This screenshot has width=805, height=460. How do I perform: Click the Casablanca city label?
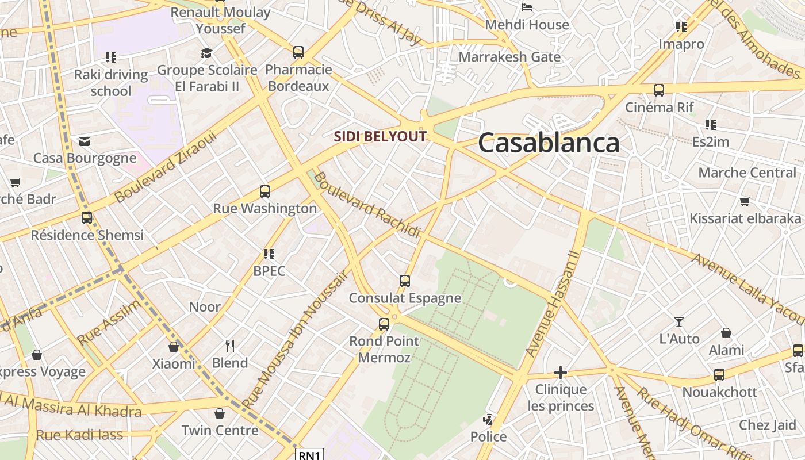(x=549, y=143)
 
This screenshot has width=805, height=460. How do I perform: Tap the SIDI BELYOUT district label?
(x=380, y=137)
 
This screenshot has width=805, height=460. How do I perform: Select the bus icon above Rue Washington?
(x=265, y=191)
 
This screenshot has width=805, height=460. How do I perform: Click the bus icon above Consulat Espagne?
(x=405, y=281)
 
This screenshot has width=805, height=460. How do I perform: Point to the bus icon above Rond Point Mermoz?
(x=384, y=324)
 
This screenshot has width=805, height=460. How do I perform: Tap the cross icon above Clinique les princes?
(x=561, y=373)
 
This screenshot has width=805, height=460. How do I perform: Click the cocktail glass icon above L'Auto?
(x=679, y=322)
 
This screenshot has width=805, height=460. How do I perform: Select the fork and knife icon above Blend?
(x=230, y=346)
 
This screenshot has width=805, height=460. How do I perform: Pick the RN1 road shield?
(x=310, y=455)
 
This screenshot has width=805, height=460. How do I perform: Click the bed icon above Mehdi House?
(x=527, y=7)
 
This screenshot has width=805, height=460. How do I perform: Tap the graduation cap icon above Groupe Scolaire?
(x=206, y=53)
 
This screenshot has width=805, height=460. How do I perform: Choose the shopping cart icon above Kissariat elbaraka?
(x=745, y=201)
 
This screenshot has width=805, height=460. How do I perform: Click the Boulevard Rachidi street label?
(x=367, y=205)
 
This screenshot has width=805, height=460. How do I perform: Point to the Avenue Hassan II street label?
(x=554, y=302)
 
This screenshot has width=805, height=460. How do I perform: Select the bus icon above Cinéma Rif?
(x=659, y=90)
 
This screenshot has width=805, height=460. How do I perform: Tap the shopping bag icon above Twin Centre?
(x=220, y=413)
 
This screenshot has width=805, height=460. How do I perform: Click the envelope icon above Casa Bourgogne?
(x=85, y=141)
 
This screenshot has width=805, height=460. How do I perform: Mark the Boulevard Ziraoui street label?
(x=165, y=167)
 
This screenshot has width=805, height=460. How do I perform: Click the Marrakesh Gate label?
(x=509, y=57)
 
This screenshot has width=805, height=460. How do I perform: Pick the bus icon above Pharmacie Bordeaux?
(x=298, y=52)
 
